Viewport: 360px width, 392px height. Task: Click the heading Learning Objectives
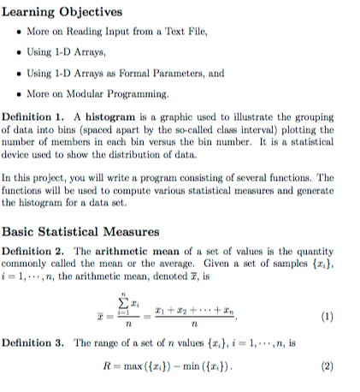point(62,11)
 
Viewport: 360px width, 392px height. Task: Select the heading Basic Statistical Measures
point(80,230)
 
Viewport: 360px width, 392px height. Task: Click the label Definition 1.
point(34,116)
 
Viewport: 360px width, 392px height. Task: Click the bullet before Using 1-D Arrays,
point(20,52)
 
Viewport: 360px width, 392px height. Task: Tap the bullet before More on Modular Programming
point(20,93)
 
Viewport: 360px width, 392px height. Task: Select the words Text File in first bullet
point(185,32)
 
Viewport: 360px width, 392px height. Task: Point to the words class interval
point(272,128)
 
